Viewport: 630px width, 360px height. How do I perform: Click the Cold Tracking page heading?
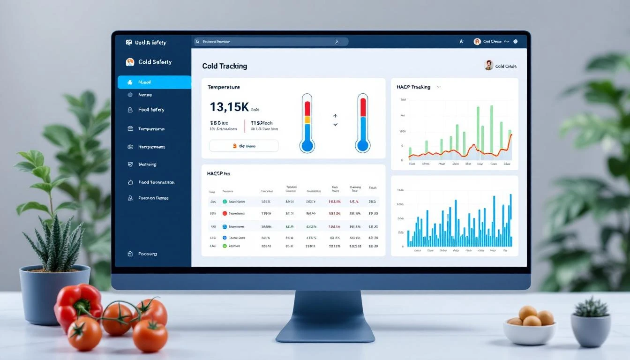pyautogui.click(x=225, y=66)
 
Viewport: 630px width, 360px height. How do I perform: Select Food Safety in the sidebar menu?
pyautogui.click(x=151, y=110)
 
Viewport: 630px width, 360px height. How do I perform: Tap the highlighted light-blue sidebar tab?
pyautogui.click(x=154, y=82)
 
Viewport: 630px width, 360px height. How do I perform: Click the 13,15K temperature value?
pyautogui.click(x=229, y=107)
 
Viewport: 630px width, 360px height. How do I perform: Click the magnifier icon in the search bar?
pyautogui.click(x=198, y=42)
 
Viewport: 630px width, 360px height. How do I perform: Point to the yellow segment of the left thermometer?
pyautogui.click(x=307, y=120)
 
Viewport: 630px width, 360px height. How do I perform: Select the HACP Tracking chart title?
pyautogui.click(x=413, y=87)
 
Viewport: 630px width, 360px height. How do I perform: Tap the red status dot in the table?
pyautogui.click(x=225, y=213)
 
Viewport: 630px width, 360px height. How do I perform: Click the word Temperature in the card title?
pyautogui.click(x=223, y=87)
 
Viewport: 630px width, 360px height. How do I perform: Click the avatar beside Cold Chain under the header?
pyautogui.click(x=488, y=65)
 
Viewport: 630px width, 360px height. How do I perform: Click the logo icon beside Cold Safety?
pyautogui.click(x=130, y=62)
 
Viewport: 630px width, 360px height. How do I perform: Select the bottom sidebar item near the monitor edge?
pyautogui.click(x=147, y=254)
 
